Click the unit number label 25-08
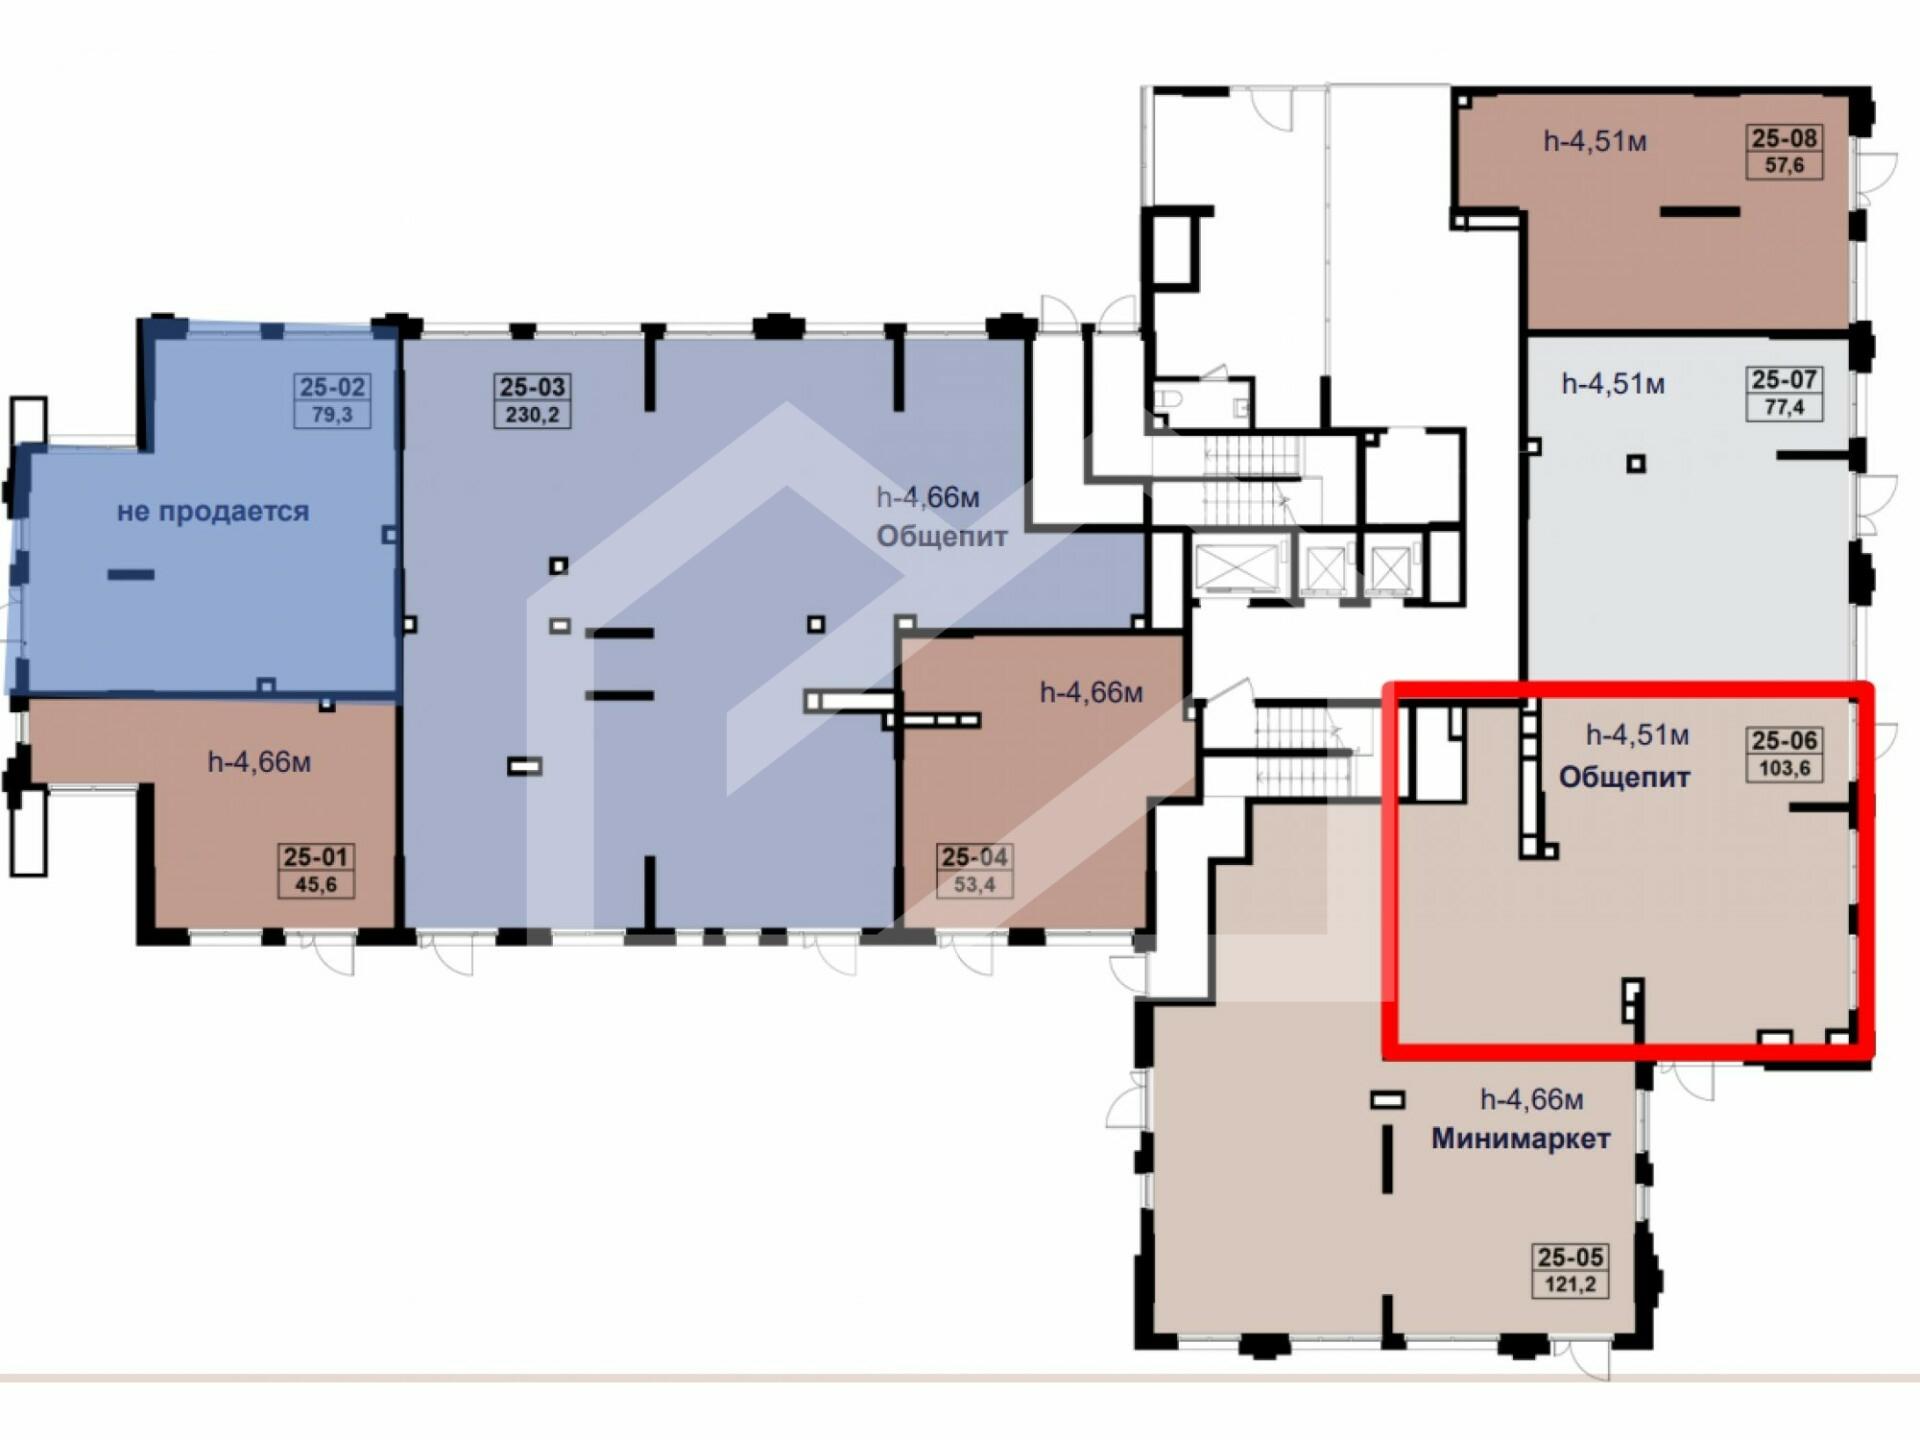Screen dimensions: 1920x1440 [1784, 138]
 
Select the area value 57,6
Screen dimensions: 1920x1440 [1784, 165]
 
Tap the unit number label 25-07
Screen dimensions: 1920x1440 [1784, 380]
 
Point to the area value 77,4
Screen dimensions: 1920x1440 [1784, 407]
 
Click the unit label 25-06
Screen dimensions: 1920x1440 [1784, 741]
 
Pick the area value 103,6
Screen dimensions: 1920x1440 [1784, 768]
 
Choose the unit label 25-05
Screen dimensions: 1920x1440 [1570, 1257]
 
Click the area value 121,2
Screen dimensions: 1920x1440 [1570, 1284]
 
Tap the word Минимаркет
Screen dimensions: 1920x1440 [1521, 1139]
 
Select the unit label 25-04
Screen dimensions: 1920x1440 [974, 857]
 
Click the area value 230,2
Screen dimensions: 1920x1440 [532, 414]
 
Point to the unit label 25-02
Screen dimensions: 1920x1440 [332, 387]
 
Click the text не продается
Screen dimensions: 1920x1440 [213, 512]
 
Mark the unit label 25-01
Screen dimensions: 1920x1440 [315, 857]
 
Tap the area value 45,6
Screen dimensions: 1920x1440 [315, 885]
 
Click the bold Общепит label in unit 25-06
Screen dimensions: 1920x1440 [1624, 778]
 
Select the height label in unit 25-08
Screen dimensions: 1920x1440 [1595, 142]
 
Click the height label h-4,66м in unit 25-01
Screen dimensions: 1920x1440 [259, 763]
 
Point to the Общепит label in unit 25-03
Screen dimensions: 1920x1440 [942, 538]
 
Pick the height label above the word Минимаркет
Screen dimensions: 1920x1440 [1532, 1101]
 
